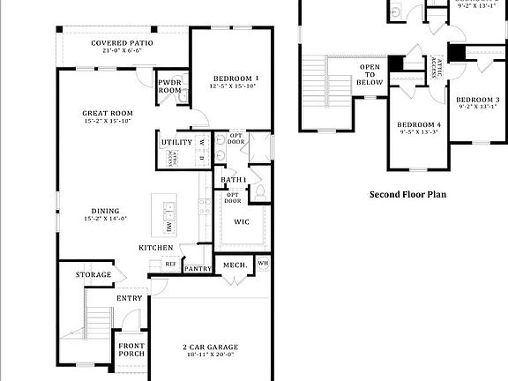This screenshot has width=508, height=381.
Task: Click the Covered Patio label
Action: [122, 43]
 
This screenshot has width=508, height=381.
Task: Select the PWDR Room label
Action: [169, 86]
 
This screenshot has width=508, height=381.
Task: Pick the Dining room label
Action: [106, 211]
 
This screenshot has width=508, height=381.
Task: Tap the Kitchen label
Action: [155, 248]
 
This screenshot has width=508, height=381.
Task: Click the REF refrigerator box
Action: [170, 264]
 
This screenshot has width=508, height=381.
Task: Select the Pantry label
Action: [198, 269]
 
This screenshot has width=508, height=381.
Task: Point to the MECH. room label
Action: [234, 265]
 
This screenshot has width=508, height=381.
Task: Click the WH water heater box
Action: [263, 263]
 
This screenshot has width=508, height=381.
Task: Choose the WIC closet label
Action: [241, 221]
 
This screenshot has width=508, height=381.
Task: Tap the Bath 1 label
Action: [233, 180]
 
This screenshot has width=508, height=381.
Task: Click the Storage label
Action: [93, 275]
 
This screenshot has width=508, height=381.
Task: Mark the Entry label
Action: [129, 298]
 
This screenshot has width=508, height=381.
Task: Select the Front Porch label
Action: [131, 349]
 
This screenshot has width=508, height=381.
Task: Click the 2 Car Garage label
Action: [210, 347]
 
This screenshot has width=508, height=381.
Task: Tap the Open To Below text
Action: [370, 75]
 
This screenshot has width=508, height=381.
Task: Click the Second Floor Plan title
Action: [407, 193]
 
